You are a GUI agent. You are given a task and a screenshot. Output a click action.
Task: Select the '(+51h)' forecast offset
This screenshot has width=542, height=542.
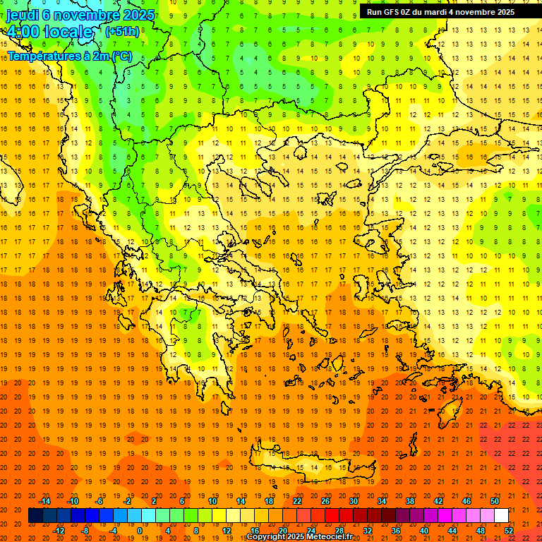click(x=122, y=32)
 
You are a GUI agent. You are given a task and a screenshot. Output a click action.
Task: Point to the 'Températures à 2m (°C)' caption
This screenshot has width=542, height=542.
click(x=69, y=56)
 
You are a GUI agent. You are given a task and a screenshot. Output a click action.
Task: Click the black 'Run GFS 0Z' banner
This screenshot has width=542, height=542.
click(x=440, y=12)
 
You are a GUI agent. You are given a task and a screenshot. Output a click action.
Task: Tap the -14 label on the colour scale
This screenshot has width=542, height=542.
click(x=46, y=501)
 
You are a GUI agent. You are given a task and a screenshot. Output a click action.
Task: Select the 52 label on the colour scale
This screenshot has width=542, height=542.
click(x=509, y=531)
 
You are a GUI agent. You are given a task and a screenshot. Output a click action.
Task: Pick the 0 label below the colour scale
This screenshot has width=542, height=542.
click(x=139, y=531)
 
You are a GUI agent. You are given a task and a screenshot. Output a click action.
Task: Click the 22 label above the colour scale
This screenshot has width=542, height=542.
click(x=298, y=501)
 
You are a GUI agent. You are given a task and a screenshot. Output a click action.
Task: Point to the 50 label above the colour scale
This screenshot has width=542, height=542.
click(x=495, y=501)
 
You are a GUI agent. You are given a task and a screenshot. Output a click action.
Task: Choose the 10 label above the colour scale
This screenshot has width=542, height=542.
click(x=212, y=501)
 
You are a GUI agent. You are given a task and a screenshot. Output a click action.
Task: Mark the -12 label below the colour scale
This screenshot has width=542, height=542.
click(x=59, y=531)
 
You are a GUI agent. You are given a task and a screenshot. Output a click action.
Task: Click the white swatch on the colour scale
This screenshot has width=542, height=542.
click(x=501, y=516)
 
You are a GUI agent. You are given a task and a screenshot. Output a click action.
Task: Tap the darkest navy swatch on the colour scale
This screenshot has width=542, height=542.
click(x=35, y=516)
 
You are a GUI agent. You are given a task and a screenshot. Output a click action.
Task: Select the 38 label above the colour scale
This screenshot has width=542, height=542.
click(x=410, y=501)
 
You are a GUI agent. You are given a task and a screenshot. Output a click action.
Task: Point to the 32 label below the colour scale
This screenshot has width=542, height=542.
click(x=368, y=531)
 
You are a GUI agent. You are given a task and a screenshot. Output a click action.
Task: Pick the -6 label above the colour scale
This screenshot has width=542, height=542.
click(x=100, y=501)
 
